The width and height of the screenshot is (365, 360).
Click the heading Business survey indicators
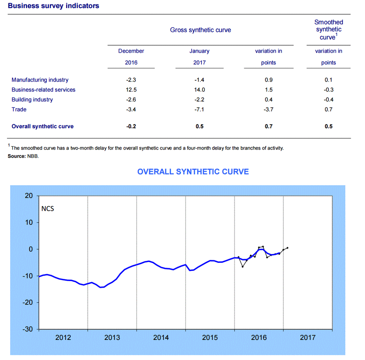53,6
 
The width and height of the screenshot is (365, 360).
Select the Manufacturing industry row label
40,80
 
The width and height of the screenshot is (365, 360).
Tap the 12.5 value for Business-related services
131,90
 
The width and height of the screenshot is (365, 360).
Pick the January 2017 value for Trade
199,109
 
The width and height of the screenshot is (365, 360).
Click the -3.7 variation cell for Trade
268,109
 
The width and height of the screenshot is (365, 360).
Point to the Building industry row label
32,100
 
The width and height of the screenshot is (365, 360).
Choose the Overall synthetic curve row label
42,126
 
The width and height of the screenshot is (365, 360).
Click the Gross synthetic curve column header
200,30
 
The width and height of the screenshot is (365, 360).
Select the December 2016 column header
131,57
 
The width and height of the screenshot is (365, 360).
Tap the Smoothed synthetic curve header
328,30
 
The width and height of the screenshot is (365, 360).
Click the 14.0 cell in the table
199,90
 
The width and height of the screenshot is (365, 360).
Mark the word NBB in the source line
33,156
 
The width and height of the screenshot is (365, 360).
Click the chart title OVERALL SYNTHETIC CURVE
193,172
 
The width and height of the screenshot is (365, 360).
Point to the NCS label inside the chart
47,209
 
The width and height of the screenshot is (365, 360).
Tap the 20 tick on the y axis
29,196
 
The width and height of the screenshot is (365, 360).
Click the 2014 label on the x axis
161,338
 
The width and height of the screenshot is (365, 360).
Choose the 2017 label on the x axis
307,338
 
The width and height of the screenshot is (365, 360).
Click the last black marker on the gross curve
288,248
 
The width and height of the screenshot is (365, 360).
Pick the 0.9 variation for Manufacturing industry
268,80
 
